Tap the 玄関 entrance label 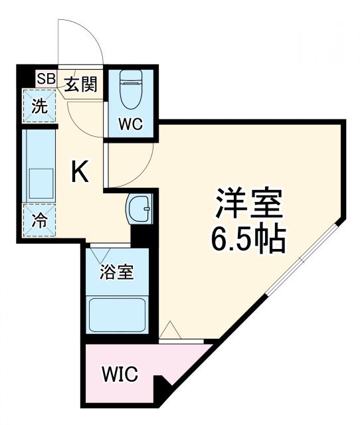82,84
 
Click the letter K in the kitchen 80,173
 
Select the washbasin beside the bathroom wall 141,211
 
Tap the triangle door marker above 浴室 103,254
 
